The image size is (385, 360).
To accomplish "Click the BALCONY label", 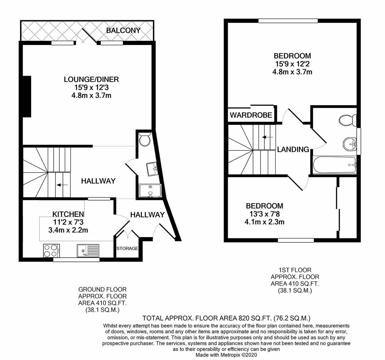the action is [x=123, y=30].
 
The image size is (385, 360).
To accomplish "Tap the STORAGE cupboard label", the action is [x=127, y=248].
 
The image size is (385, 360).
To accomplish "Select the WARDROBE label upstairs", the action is [x=251, y=115].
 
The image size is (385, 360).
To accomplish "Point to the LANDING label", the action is [x=293, y=149].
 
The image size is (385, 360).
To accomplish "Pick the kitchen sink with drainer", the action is [x=88, y=251].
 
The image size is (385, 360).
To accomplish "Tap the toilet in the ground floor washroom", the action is [x=145, y=139].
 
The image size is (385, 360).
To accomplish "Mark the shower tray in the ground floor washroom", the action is [x=150, y=191].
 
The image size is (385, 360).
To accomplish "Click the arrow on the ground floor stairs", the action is [x=62, y=185].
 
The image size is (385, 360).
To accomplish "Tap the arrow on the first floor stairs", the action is [x=268, y=137].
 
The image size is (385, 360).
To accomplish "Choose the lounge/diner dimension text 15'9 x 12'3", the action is [x=91, y=88].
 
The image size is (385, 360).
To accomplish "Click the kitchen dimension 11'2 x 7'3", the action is [x=68, y=222].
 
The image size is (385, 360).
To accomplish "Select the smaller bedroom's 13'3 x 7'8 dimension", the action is [x=265, y=214].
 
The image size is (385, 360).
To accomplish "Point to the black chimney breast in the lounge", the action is [x=27, y=97].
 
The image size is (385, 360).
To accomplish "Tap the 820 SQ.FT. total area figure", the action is [x=254, y=318].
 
